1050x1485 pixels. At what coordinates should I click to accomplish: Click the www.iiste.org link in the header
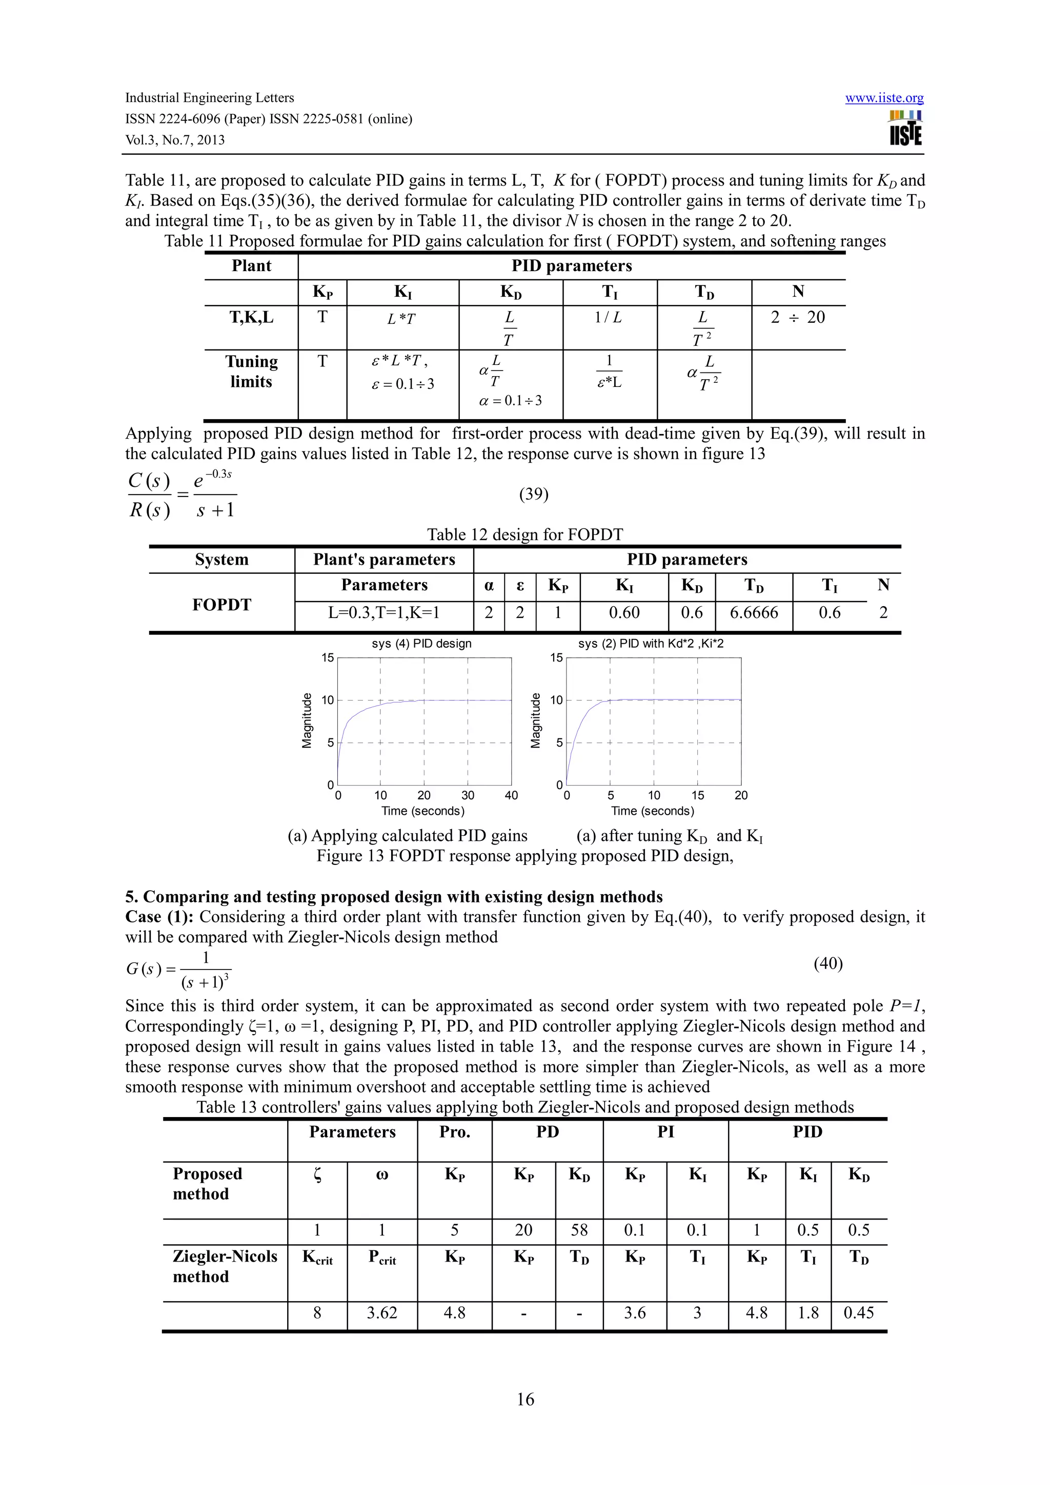coord(884,98)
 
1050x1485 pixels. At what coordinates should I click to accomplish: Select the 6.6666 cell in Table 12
coord(754,612)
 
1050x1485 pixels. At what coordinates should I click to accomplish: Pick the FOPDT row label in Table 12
coord(221,605)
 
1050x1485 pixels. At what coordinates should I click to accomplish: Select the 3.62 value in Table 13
coord(381,1312)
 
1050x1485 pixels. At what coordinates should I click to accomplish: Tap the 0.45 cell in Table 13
coord(858,1312)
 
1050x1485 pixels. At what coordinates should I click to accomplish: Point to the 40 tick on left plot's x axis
coord(511,795)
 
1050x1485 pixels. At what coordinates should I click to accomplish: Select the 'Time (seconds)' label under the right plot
coord(652,811)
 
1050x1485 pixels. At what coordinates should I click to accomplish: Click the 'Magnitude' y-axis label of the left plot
coord(307,720)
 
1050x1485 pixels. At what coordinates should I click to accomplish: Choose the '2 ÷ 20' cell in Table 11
coord(798,318)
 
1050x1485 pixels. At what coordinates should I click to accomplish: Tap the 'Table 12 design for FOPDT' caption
coord(524,535)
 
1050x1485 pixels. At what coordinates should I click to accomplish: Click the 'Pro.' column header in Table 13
coord(455,1132)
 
